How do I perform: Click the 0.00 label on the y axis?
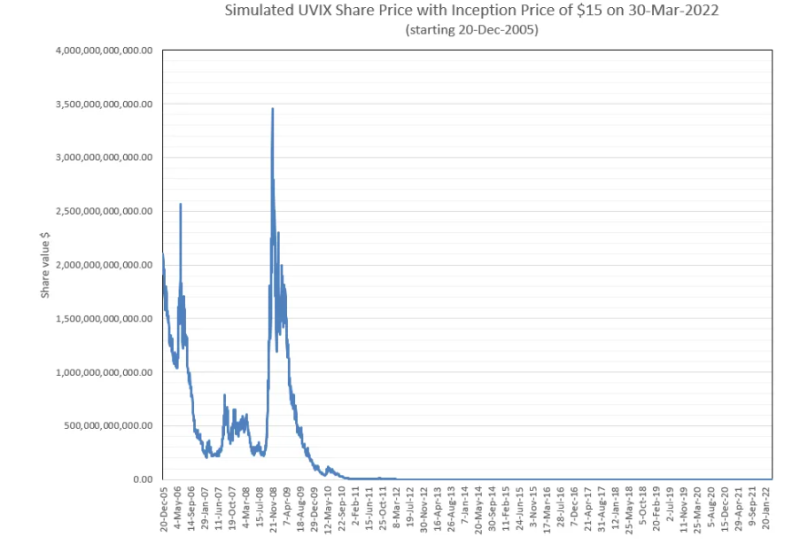[x=142, y=480]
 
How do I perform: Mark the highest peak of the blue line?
[x=273, y=108]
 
